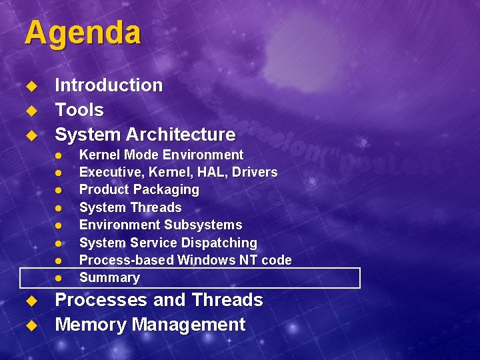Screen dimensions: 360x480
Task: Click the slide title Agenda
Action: (83, 33)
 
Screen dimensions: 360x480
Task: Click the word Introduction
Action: (109, 85)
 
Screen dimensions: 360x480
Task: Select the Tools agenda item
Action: (79, 110)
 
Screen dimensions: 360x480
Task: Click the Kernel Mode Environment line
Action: (161, 155)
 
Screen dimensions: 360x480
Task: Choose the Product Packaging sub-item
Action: (139, 189)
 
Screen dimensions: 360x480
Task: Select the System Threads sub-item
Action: (130, 207)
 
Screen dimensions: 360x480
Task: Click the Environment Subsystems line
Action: (161, 225)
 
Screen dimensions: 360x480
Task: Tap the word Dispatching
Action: (221, 243)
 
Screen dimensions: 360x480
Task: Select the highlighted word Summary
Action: (109, 277)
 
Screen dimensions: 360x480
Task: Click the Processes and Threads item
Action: (159, 300)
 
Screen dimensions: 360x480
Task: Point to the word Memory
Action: (91, 325)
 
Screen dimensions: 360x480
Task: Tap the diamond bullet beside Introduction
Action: (30, 86)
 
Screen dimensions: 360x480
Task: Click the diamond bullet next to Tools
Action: (30, 111)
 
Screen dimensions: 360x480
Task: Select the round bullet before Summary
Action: (58, 278)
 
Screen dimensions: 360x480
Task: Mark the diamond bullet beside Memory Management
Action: (30, 325)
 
